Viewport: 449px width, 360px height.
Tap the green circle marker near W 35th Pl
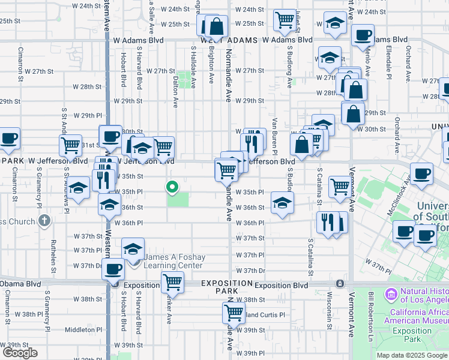tap(172, 188)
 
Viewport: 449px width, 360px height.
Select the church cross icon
tap(43, 221)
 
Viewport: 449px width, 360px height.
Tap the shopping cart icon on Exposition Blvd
tap(172, 281)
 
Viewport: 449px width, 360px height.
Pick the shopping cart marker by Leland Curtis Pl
tap(233, 312)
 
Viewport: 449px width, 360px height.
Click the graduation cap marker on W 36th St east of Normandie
tap(282, 202)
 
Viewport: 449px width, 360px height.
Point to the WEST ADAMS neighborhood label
tap(229, 40)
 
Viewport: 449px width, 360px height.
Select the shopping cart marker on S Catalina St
tap(340, 186)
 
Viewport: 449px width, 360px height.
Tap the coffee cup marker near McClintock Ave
tap(421, 173)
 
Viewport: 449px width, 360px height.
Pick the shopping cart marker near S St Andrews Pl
tap(71, 145)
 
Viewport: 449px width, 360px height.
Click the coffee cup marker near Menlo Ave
tap(362, 35)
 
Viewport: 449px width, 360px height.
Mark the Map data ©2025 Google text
tap(411, 355)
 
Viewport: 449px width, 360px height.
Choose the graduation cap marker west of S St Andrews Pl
tap(78, 188)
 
